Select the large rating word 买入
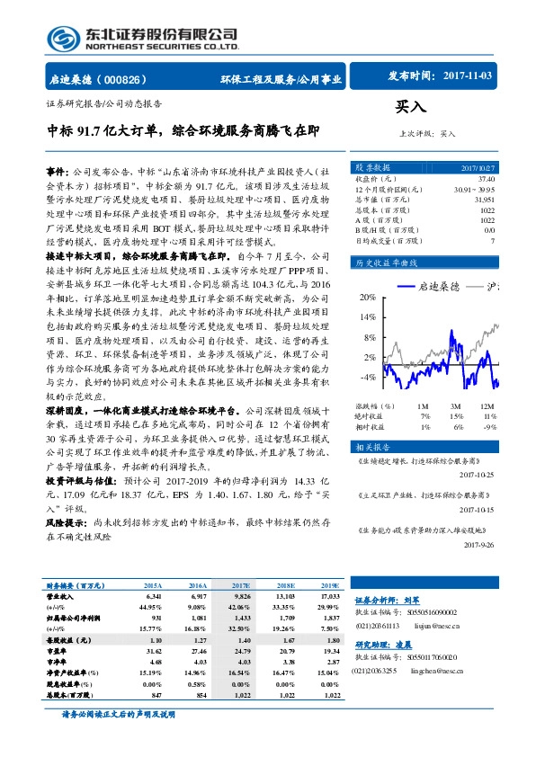[x=409, y=106]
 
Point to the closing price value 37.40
[x=510, y=178]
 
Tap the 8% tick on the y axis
[x=368, y=337]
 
